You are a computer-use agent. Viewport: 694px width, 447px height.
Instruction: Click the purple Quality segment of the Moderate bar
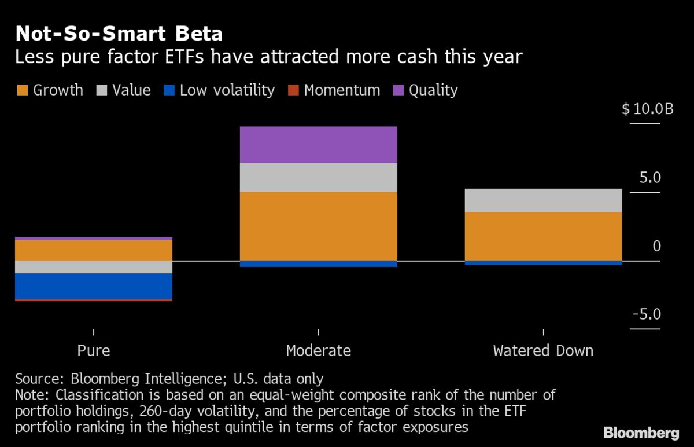point(318,145)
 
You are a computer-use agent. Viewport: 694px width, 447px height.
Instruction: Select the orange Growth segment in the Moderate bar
point(318,226)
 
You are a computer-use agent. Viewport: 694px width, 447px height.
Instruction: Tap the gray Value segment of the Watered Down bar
point(543,200)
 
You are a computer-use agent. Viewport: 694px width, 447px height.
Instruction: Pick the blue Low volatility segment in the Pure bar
point(94,286)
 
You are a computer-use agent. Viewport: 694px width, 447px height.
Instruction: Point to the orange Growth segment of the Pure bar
point(94,250)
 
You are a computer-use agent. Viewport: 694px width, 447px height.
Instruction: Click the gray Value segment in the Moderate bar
point(318,177)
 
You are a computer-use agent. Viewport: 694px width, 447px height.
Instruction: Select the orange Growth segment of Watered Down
point(543,236)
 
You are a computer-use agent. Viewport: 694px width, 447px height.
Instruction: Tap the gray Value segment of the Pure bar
point(94,267)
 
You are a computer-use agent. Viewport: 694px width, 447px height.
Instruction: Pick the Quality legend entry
point(426,90)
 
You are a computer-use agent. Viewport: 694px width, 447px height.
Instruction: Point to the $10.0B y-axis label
point(647,109)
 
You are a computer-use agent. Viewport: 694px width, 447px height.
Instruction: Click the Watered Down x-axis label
point(543,351)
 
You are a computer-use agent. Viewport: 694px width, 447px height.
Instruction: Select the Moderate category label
point(318,351)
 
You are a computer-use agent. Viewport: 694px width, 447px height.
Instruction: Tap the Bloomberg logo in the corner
point(641,433)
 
